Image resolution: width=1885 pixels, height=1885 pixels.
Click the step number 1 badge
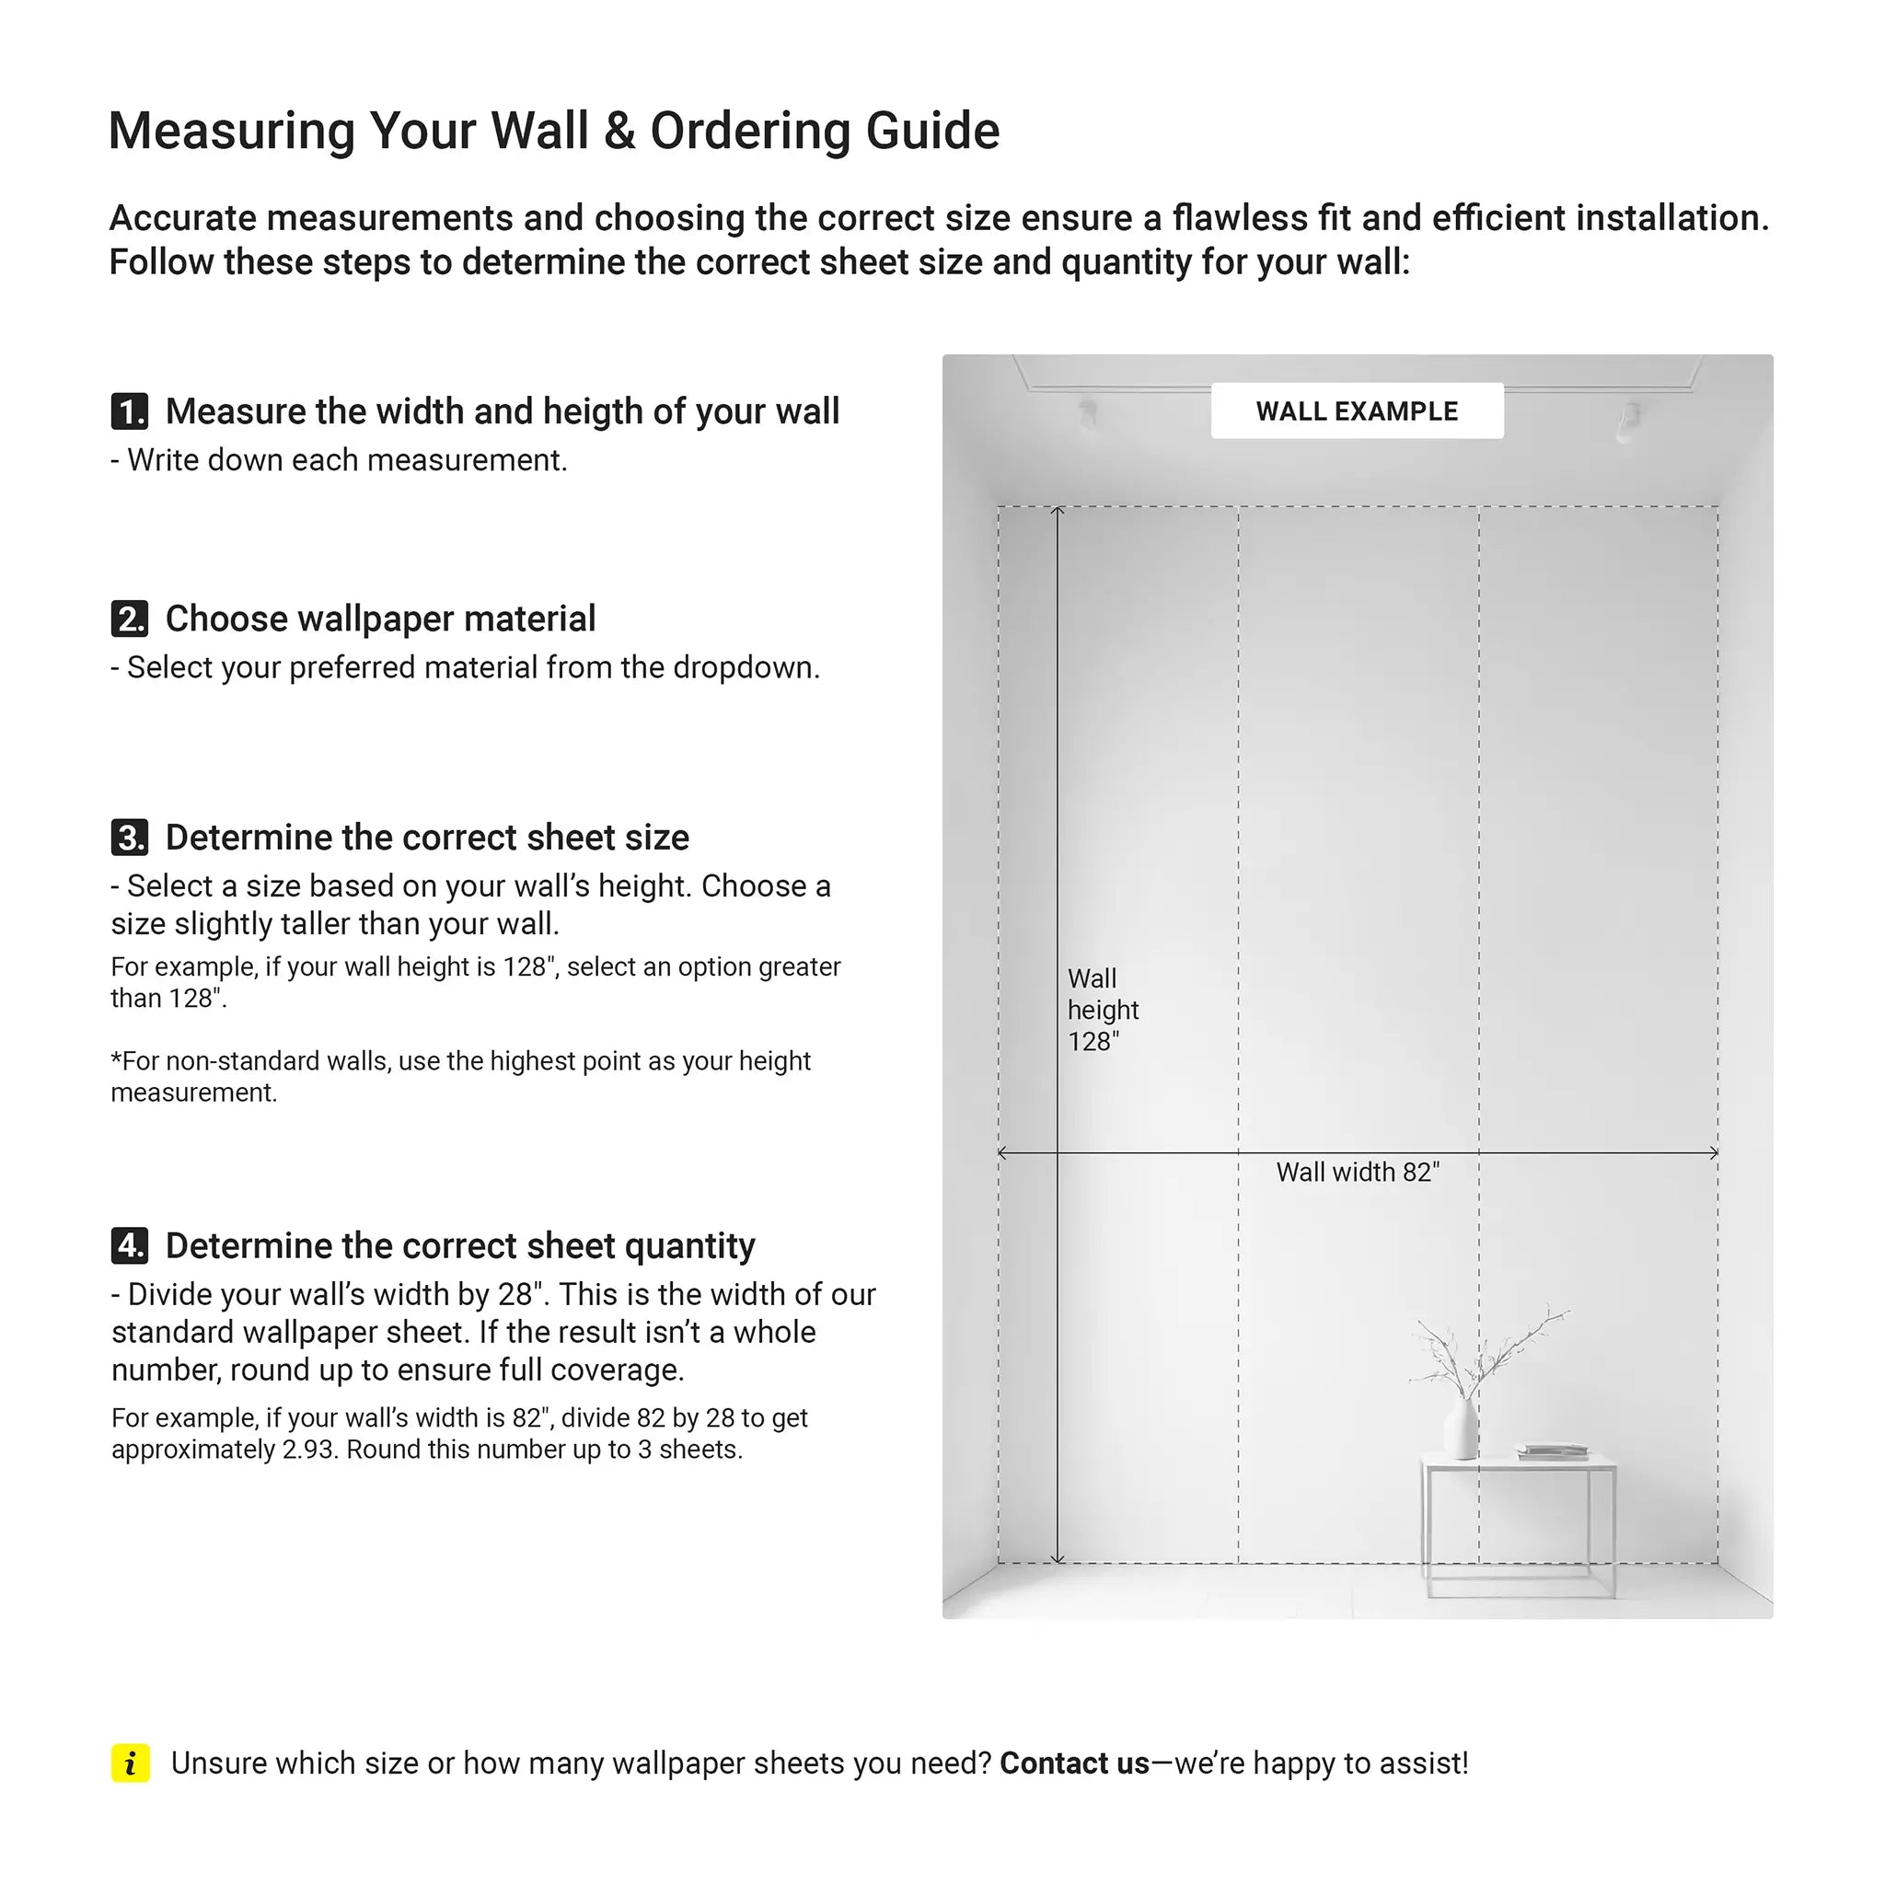[130, 411]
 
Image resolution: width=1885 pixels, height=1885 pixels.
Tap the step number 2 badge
[130, 619]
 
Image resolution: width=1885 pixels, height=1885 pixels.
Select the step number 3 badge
[130, 838]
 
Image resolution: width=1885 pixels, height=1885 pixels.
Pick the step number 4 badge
[130, 1246]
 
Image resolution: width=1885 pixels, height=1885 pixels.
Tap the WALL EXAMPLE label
[1356, 411]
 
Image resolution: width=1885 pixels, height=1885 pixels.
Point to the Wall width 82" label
[1358, 1172]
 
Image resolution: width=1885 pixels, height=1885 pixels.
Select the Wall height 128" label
[1103, 1010]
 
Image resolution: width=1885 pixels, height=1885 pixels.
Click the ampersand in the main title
[619, 131]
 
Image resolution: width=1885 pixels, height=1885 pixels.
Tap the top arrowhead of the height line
[1058, 510]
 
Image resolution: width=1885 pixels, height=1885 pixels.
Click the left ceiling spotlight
[1087, 411]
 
